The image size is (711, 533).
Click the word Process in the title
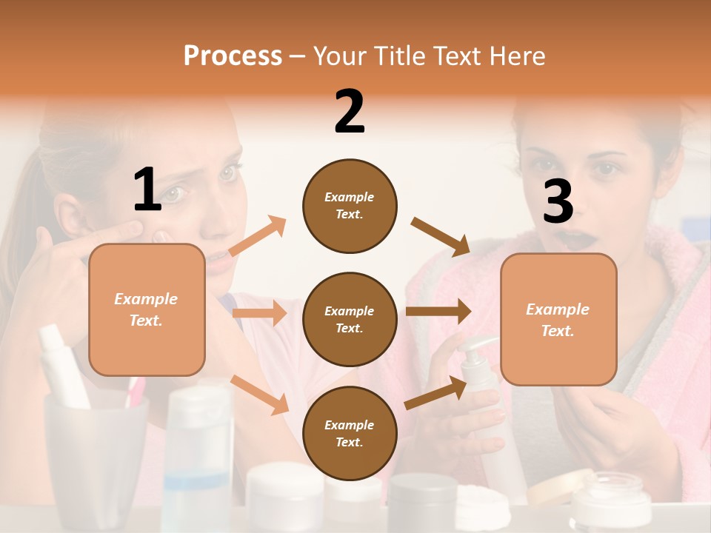coord(233,56)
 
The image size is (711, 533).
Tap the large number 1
coord(147,190)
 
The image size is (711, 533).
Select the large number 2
coord(350,112)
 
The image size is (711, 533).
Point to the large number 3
coord(558,201)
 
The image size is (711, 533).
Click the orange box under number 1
coord(147,309)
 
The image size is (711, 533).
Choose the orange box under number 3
coord(558,320)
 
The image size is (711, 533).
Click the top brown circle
coord(350,206)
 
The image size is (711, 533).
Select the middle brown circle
coord(350,319)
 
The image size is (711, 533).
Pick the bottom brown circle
coord(350,433)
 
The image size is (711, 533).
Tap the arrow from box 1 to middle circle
coord(258,314)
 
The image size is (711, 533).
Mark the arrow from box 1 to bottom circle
coord(260,395)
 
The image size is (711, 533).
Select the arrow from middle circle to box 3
coord(438,311)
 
